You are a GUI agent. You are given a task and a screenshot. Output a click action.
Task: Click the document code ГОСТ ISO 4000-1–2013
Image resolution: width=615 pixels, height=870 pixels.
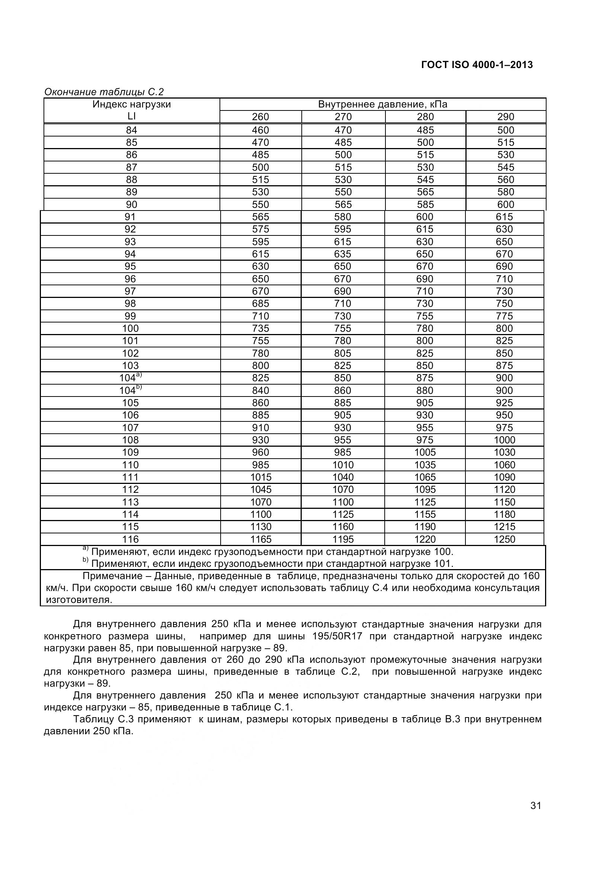(x=477, y=65)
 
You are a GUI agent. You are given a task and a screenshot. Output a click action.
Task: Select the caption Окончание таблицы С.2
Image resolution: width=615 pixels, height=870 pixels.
(x=104, y=92)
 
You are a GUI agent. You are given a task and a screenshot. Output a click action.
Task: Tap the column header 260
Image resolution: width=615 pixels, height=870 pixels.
(x=260, y=117)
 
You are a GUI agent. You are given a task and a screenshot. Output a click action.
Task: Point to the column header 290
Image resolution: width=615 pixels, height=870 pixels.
(x=506, y=117)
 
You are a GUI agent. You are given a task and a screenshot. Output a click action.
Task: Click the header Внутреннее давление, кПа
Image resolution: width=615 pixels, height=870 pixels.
(x=382, y=105)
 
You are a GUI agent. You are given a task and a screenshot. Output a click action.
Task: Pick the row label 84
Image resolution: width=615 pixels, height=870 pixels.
(x=131, y=130)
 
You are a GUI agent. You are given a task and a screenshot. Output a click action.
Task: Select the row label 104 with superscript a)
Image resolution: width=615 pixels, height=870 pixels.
(x=130, y=378)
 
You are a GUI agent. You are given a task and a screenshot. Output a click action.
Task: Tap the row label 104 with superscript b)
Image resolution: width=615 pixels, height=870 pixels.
(x=130, y=390)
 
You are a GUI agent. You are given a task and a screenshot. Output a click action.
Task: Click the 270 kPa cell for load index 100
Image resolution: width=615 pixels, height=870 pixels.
(x=343, y=328)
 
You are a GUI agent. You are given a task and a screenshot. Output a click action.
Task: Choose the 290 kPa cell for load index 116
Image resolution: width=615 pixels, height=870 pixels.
(x=505, y=539)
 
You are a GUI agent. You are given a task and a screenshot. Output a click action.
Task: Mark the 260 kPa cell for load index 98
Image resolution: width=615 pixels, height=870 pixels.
(x=260, y=304)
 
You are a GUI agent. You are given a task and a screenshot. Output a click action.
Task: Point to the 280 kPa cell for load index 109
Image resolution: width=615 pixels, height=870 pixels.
(x=425, y=452)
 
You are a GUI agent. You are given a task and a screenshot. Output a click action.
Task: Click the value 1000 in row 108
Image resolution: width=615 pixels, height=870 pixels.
(x=505, y=440)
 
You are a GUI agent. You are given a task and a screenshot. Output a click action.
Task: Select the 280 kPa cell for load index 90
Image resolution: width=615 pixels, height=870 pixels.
(x=425, y=205)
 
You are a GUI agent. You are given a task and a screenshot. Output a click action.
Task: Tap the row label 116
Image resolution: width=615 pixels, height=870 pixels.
(x=130, y=539)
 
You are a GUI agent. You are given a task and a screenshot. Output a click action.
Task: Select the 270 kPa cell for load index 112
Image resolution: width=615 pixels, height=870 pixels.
(x=343, y=489)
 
